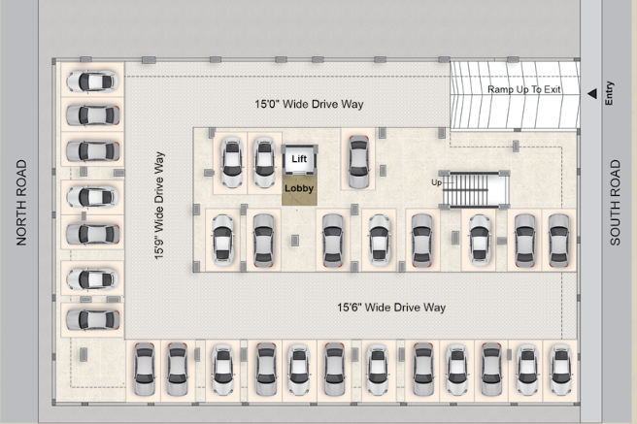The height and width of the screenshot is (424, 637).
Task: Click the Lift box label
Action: [x=299, y=159]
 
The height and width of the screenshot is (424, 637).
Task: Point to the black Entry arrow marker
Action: [x=592, y=94]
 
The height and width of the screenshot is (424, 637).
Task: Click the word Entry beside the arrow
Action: [x=609, y=93]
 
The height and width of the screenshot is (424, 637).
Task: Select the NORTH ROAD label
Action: [x=21, y=203]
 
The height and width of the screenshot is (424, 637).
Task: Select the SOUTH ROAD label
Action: [x=615, y=203]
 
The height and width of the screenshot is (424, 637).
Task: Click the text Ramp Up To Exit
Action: [x=524, y=89]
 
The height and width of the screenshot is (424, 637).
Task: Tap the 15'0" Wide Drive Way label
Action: [x=309, y=104]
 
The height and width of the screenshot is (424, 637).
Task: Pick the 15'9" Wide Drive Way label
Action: [x=159, y=206]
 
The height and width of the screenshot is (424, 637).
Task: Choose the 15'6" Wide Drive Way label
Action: [x=391, y=308]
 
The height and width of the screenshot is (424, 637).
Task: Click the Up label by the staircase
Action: [x=436, y=182]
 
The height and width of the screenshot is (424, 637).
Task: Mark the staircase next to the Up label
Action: [x=476, y=190]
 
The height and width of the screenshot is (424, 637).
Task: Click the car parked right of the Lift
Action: [x=358, y=162]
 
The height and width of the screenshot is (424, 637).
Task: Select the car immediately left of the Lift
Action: [x=264, y=162]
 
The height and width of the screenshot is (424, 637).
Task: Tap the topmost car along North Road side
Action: [x=92, y=81]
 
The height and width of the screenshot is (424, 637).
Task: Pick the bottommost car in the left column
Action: [x=92, y=319]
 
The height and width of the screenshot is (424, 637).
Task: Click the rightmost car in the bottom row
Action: [x=561, y=370]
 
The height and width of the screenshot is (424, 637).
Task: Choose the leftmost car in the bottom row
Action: [x=145, y=370]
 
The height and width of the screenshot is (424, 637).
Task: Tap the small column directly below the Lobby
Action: [x=295, y=241]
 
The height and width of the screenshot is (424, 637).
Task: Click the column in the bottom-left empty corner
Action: [x=84, y=354]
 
